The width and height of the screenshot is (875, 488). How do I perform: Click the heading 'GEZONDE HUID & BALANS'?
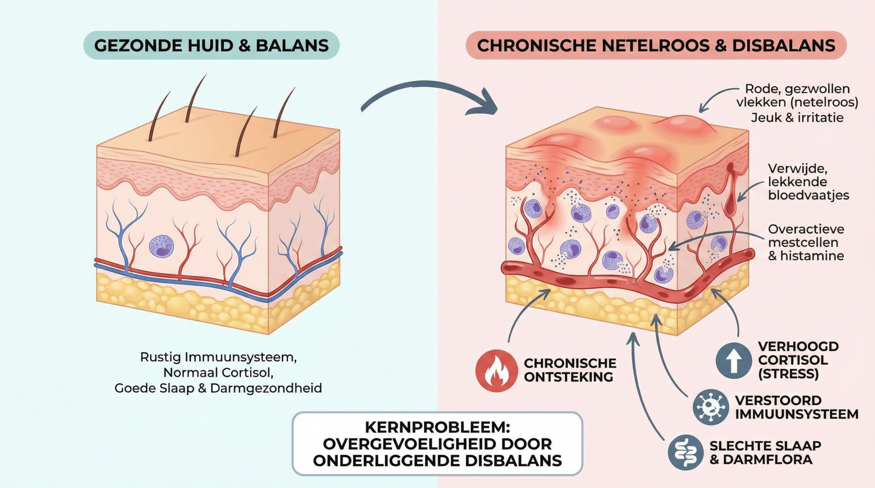pos(211,45)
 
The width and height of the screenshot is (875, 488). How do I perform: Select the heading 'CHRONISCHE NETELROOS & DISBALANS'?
pos(656,45)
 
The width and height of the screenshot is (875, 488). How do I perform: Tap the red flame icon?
pos(496,371)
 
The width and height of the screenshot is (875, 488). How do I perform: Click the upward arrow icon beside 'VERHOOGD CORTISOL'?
pos(734,361)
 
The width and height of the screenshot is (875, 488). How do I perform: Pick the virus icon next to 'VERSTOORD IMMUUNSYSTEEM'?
pos(711,407)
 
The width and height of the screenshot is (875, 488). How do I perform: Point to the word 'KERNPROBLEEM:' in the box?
pos(437,427)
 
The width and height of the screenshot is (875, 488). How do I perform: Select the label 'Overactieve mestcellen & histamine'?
pos(806,242)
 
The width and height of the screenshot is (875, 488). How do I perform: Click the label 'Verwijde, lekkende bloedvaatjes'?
pos(808,182)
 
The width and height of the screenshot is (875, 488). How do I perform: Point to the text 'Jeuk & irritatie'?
pos(797,117)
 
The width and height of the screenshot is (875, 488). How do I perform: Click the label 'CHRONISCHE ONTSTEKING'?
pos(570,370)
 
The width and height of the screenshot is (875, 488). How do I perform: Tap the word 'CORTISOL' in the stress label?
pos(793,360)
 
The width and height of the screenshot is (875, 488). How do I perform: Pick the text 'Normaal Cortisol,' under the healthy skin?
pos(218,373)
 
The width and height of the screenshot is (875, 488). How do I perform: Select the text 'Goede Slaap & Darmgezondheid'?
pos(218,388)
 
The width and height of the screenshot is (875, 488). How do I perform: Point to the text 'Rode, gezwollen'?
pos(797,89)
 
